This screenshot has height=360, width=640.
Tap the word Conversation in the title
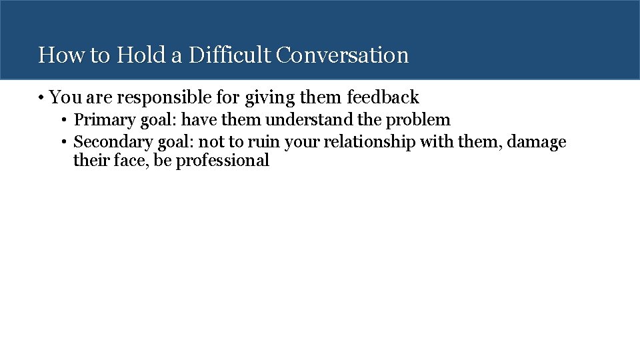coord(342,55)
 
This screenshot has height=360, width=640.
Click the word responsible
coord(169,98)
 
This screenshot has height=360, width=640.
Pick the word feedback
coord(383,98)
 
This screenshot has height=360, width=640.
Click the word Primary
coord(101,120)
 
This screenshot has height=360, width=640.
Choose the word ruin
coord(264,142)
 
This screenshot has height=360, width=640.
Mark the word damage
coord(537,142)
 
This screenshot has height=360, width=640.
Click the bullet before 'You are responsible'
coord(41,98)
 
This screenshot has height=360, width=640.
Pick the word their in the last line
coord(90,161)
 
